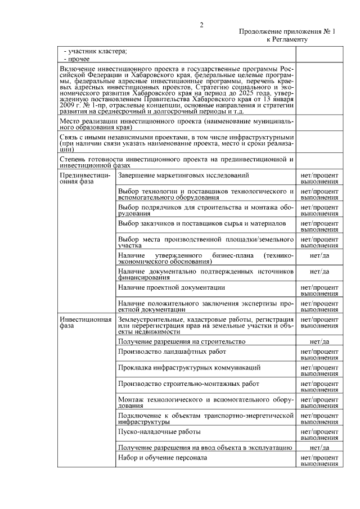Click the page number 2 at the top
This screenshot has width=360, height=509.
tap(201, 24)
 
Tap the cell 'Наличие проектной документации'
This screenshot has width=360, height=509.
tap(172, 287)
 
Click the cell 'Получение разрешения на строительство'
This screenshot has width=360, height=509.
tap(182, 341)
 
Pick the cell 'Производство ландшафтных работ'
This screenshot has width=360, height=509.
tap(172, 352)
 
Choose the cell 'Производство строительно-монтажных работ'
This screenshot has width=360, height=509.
tap(188, 384)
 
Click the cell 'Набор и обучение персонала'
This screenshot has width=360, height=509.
tap(163, 457)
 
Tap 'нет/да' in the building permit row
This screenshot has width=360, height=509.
tap(319, 341)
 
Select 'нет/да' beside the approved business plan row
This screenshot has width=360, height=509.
tap(319, 255)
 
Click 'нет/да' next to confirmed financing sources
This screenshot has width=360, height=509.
tap(319, 271)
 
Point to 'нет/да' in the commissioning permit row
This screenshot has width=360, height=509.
tap(319, 447)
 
